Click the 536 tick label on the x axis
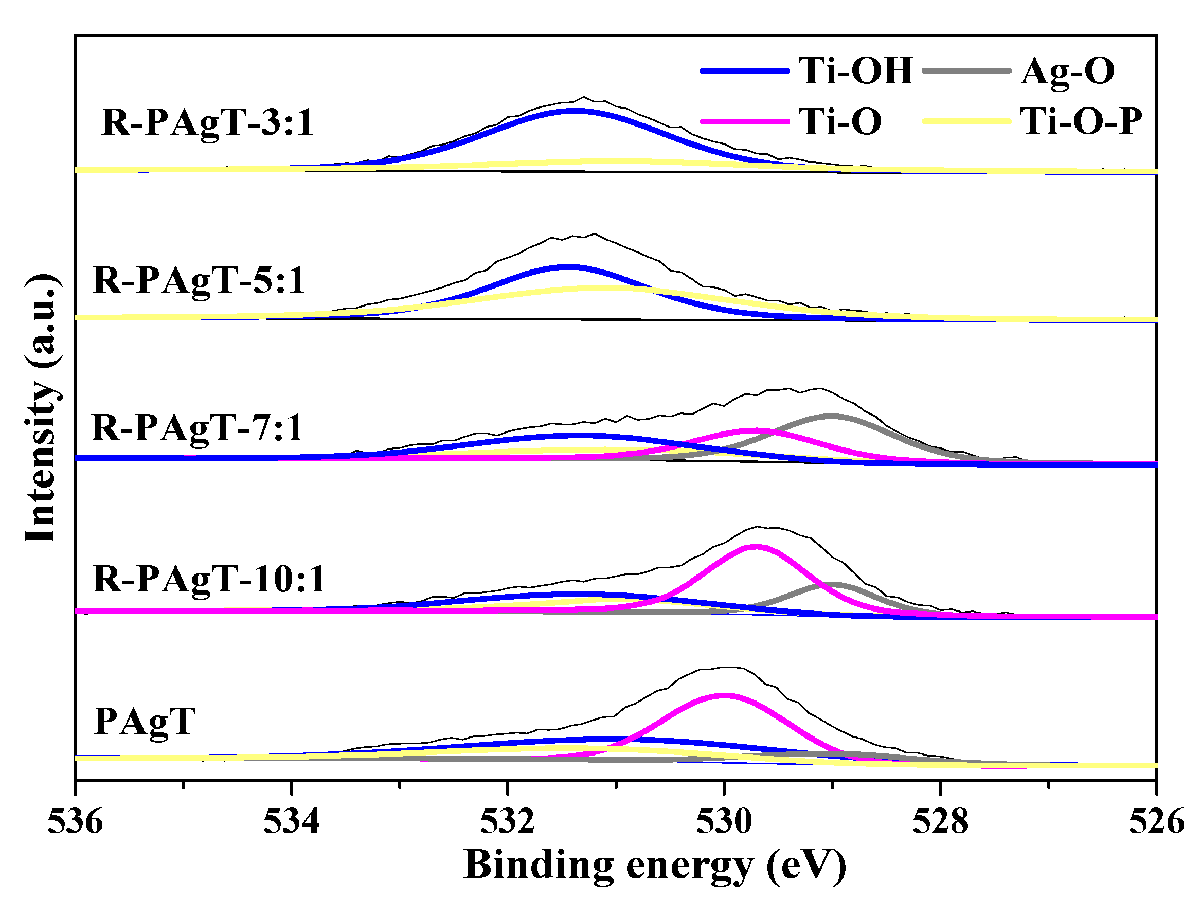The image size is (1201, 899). click(75, 822)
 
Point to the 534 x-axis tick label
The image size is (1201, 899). click(292, 822)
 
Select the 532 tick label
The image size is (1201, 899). click(508, 822)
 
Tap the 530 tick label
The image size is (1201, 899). click(724, 822)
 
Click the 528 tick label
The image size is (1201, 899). click(940, 822)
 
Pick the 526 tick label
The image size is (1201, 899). click(1156, 822)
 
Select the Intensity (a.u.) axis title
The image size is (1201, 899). click(41, 408)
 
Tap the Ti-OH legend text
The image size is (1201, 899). click(856, 70)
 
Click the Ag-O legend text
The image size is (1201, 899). click(1067, 70)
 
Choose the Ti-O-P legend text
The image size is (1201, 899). click(1081, 120)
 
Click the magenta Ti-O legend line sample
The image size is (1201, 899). click(744, 121)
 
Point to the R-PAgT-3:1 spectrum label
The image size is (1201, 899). click(207, 123)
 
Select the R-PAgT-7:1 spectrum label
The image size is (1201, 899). click(197, 429)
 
